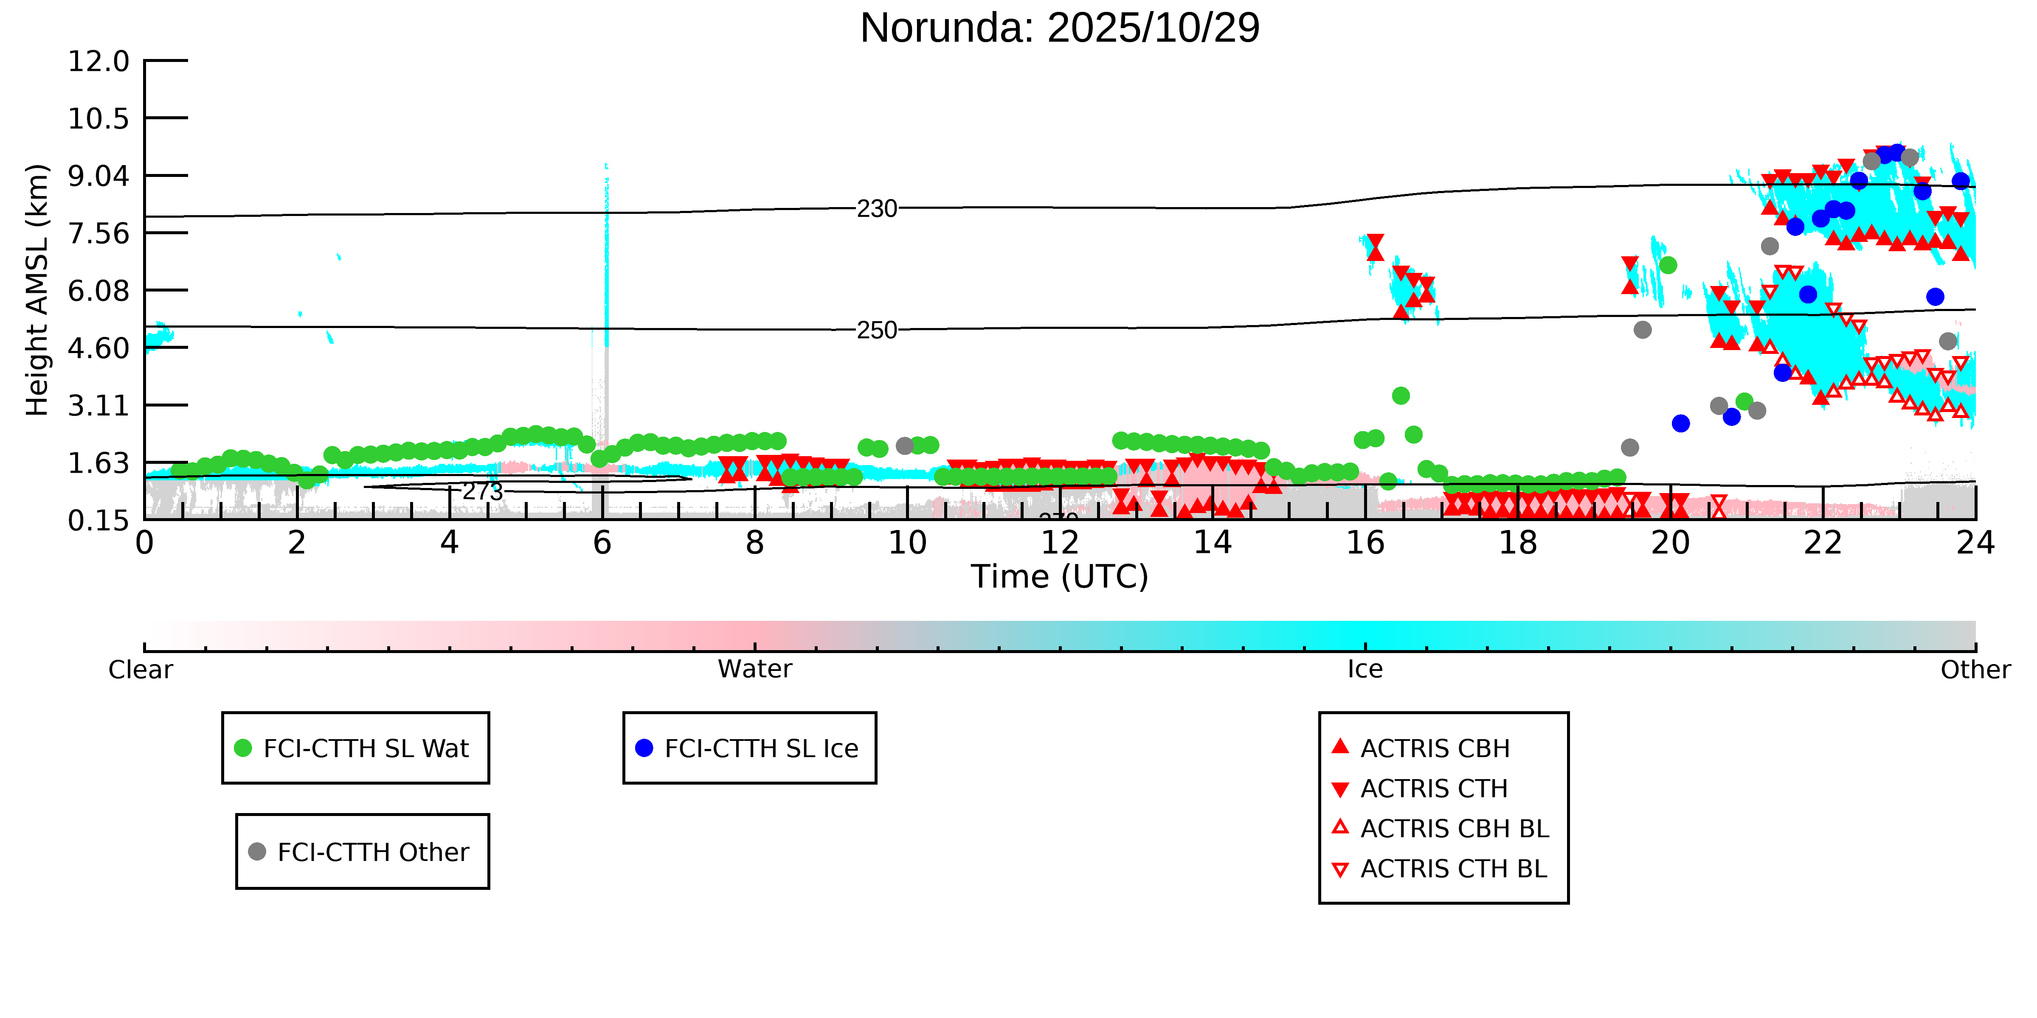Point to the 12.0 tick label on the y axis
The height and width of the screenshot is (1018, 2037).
[98, 61]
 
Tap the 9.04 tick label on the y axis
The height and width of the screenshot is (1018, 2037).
[98, 175]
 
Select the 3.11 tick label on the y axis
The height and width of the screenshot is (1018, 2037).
[98, 406]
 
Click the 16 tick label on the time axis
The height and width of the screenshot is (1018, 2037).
[1365, 543]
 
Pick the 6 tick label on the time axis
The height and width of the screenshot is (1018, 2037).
[602, 543]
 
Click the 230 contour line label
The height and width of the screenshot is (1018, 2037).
[877, 209]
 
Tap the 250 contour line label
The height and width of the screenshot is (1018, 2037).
[877, 330]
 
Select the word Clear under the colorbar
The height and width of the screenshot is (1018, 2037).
[141, 670]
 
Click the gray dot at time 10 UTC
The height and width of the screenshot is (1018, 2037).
[906, 446]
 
